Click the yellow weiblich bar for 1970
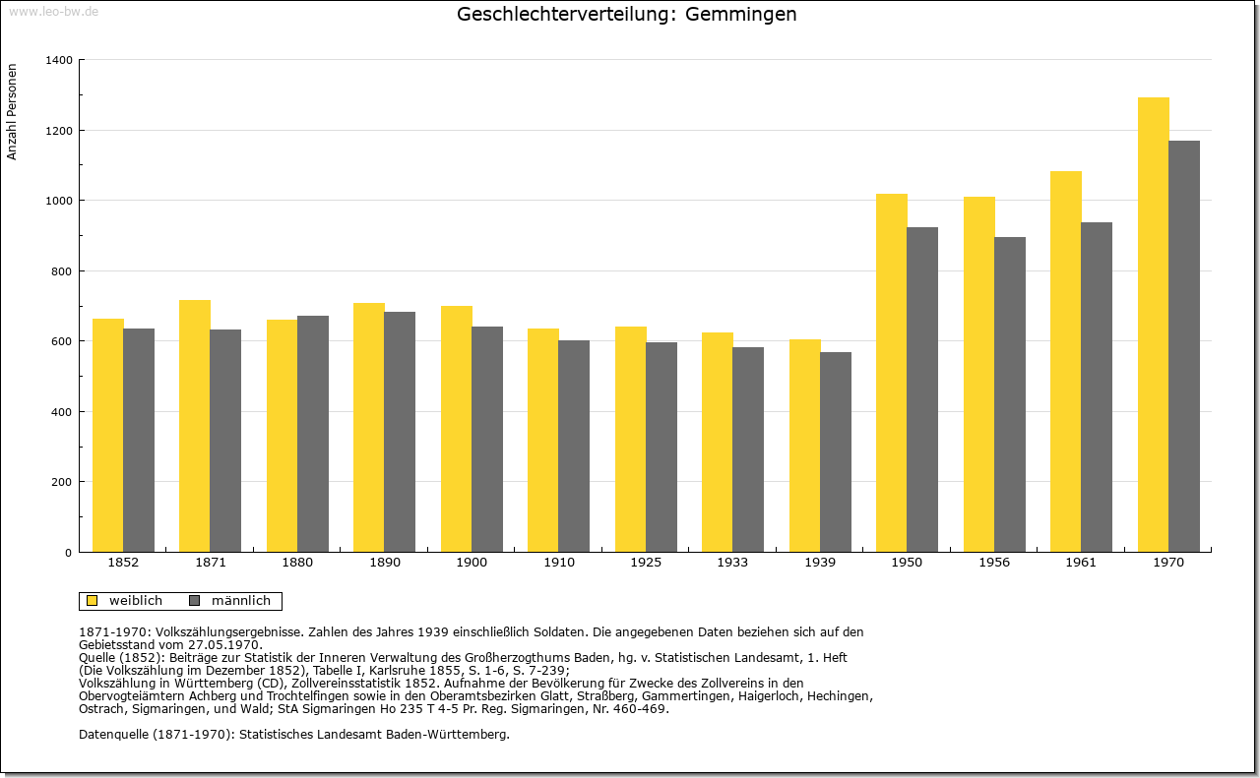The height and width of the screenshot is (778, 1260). click(x=1153, y=325)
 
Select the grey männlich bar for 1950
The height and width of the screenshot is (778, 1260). click(x=922, y=389)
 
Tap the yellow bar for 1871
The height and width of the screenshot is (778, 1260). click(x=195, y=426)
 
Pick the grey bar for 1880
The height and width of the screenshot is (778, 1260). click(x=313, y=434)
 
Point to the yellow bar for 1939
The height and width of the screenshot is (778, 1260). click(x=805, y=446)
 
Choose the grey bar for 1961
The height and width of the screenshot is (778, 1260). click(x=1097, y=388)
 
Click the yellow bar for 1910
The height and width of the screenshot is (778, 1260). click(x=543, y=441)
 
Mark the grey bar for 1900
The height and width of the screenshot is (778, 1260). click(x=487, y=439)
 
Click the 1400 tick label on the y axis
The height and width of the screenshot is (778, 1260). click(x=59, y=60)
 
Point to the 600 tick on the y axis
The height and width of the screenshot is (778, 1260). click(x=61, y=341)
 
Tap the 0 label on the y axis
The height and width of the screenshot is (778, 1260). click(x=68, y=553)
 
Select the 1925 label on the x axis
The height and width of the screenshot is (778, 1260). click(x=646, y=563)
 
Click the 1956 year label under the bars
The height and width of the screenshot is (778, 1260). click(x=994, y=563)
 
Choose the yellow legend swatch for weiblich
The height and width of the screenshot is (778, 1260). click(x=93, y=601)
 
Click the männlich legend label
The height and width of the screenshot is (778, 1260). click(x=241, y=601)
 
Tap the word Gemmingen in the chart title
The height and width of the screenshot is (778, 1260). click(x=741, y=14)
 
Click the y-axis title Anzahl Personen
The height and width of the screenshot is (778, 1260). click(x=12, y=112)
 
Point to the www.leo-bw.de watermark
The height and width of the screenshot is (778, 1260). click(x=53, y=11)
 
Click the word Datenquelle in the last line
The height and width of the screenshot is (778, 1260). click(x=114, y=735)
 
